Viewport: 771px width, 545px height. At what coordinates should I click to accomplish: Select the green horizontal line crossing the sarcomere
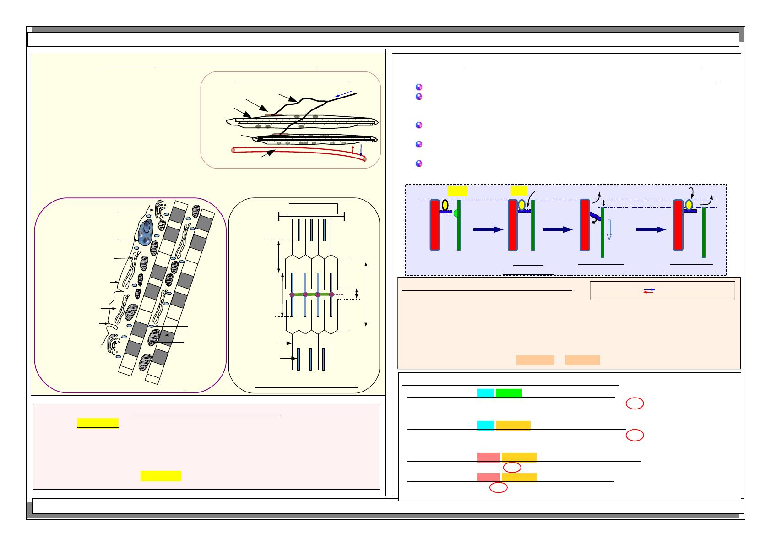(x=311, y=294)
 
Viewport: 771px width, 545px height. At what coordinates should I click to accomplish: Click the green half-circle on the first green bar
(x=456, y=214)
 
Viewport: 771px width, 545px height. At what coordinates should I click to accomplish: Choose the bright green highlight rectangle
(x=508, y=393)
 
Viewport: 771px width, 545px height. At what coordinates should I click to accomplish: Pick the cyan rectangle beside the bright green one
(x=485, y=393)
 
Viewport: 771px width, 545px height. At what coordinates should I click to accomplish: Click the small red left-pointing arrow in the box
(x=649, y=293)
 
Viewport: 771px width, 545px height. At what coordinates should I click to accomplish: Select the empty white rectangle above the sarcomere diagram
(x=313, y=209)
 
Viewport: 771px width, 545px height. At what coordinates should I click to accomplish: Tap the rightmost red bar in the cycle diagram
(x=678, y=225)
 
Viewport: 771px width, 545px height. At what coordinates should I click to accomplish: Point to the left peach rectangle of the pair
(x=535, y=360)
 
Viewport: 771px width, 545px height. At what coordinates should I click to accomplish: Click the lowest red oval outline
(x=499, y=488)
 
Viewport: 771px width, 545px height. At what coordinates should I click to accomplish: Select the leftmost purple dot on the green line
(x=292, y=294)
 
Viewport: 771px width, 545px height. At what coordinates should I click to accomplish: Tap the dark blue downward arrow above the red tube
(x=361, y=150)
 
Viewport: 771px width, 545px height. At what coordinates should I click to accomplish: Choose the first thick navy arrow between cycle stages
(x=488, y=230)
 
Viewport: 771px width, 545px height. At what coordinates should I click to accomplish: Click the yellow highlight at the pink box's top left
(x=98, y=423)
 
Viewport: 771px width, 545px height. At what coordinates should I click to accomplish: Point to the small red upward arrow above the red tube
(x=353, y=149)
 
